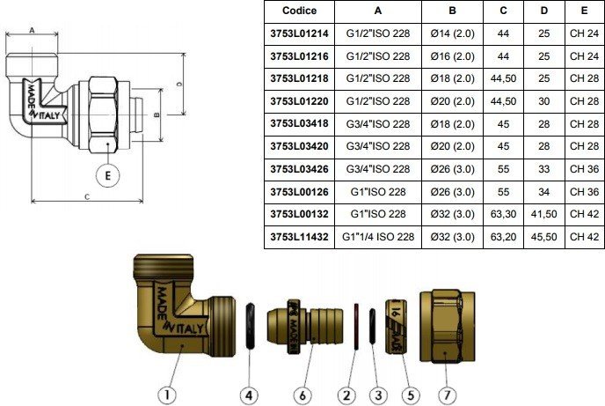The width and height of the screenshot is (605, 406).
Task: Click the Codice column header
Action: [x=299, y=11]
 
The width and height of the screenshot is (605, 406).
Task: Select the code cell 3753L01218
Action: [x=299, y=78]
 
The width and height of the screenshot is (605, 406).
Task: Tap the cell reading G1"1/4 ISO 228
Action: [x=378, y=237]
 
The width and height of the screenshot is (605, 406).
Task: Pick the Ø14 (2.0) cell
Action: [x=452, y=33]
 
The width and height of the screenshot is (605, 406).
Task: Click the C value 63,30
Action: [x=503, y=214]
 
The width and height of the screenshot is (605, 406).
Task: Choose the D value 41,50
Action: [x=543, y=214]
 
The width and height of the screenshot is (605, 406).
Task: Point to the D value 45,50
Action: [x=543, y=237]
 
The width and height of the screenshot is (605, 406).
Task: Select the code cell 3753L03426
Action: [x=299, y=169]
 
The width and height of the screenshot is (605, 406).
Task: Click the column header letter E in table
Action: [x=584, y=11]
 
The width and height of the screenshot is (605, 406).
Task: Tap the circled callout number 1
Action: [x=167, y=395]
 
